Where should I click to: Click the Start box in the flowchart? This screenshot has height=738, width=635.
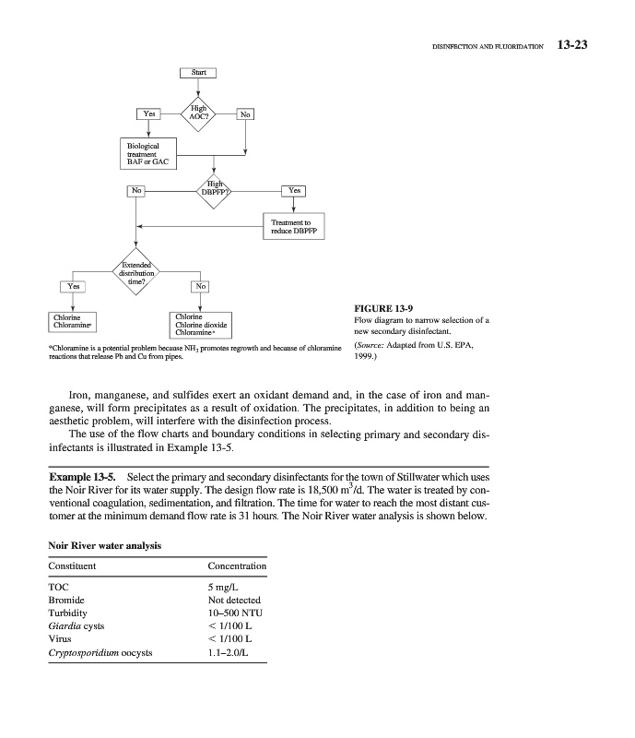[198, 73]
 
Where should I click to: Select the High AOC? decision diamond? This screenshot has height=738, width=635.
[198, 113]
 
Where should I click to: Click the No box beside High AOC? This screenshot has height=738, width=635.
[245, 114]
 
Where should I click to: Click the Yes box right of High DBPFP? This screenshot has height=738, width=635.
[294, 190]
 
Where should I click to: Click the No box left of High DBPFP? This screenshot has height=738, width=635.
[136, 190]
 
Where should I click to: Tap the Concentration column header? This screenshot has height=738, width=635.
[237, 565]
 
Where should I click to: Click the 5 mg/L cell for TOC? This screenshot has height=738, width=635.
[226, 587]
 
